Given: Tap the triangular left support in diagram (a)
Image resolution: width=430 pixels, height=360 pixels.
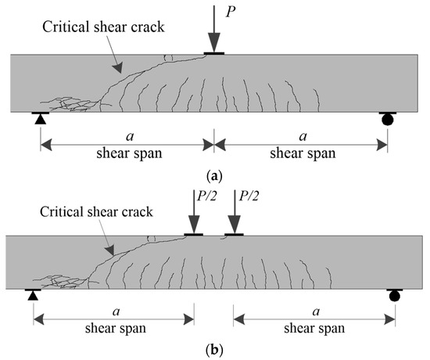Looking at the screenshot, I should (x=38, y=118).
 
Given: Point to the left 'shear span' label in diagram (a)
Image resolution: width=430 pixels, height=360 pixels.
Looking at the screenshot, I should (x=127, y=153).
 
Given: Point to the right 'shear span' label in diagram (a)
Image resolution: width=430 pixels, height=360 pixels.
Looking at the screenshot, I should (x=300, y=153).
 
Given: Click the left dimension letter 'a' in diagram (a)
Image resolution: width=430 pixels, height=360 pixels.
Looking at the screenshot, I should (x=127, y=135).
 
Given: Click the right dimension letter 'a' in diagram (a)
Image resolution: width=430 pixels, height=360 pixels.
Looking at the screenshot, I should (x=300, y=135).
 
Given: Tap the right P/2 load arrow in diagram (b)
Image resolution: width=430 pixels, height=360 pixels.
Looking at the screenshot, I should (x=233, y=214).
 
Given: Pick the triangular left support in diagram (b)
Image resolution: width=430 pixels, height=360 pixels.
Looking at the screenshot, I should (x=32, y=294).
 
